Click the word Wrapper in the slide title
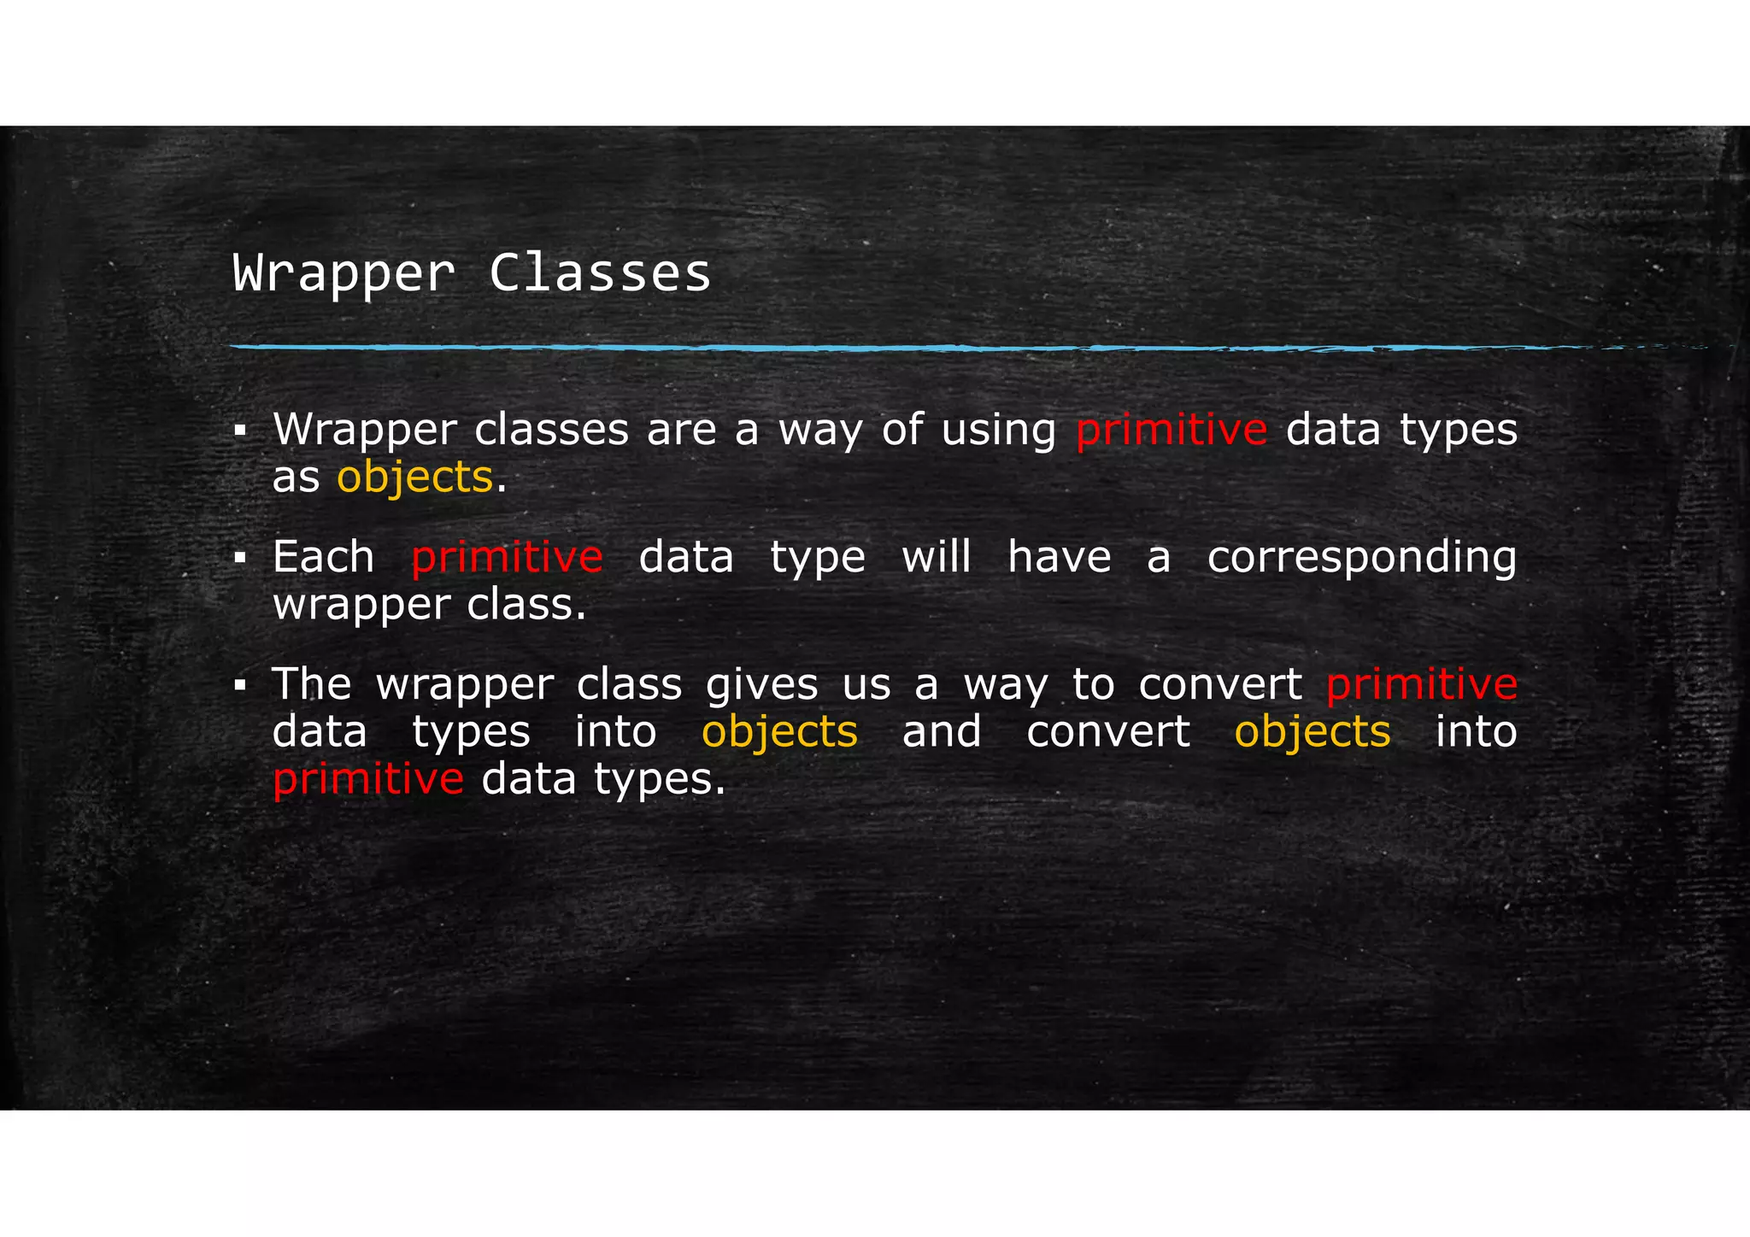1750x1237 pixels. (344, 274)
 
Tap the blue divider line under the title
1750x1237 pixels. (940, 348)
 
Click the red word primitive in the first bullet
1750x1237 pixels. (1171, 429)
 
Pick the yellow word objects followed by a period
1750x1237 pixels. (414, 477)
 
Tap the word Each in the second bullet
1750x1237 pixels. (323, 557)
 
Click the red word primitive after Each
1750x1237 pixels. (507, 557)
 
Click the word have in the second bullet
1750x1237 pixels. (1060, 557)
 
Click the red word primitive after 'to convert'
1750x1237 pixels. (1421, 683)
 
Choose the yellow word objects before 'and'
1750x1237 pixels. (779, 732)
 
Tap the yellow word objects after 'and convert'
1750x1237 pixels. (1312, 732)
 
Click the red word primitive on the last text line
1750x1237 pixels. (367, 778)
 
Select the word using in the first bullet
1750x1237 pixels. (999, 431)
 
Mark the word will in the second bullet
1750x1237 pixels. (937, 557)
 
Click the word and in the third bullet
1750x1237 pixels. (942, 731)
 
